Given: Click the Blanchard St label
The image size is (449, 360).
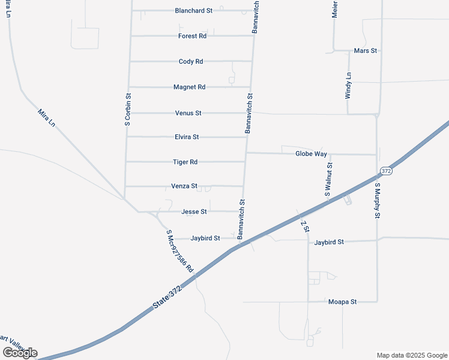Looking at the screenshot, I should [194, 11].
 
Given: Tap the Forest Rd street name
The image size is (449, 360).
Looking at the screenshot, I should [192, 36].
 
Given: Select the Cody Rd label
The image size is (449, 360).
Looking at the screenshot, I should [191, 61].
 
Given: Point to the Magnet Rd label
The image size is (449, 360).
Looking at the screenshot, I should [189, 87].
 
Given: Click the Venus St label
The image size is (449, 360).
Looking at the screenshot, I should [188, 113].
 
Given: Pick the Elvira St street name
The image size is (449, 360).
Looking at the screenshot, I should [186, 137].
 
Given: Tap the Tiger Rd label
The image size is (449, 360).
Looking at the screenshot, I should [185, 162].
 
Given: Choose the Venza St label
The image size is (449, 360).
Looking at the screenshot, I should [184, 187].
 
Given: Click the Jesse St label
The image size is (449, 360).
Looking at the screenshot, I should [194, 212].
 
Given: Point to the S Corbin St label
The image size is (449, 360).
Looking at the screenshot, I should [128, 109].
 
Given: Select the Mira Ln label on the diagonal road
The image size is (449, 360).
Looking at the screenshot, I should [46, 118].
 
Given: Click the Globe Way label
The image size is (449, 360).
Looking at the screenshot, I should [311, 154].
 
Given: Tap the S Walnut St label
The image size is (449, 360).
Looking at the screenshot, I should [329, 179].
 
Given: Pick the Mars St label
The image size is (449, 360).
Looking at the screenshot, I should [366, 51].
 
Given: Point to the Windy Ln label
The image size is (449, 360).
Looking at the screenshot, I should [348, 85].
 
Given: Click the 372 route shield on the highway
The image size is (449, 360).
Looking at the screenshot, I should [385, 172].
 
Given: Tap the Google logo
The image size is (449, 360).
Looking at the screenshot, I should [20, 353].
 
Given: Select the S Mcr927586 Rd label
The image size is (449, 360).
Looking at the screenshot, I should [180, 251].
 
